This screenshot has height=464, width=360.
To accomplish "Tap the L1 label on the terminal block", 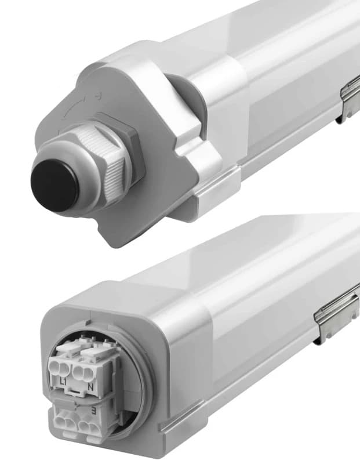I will pyautogui.click(x=64, y=382).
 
